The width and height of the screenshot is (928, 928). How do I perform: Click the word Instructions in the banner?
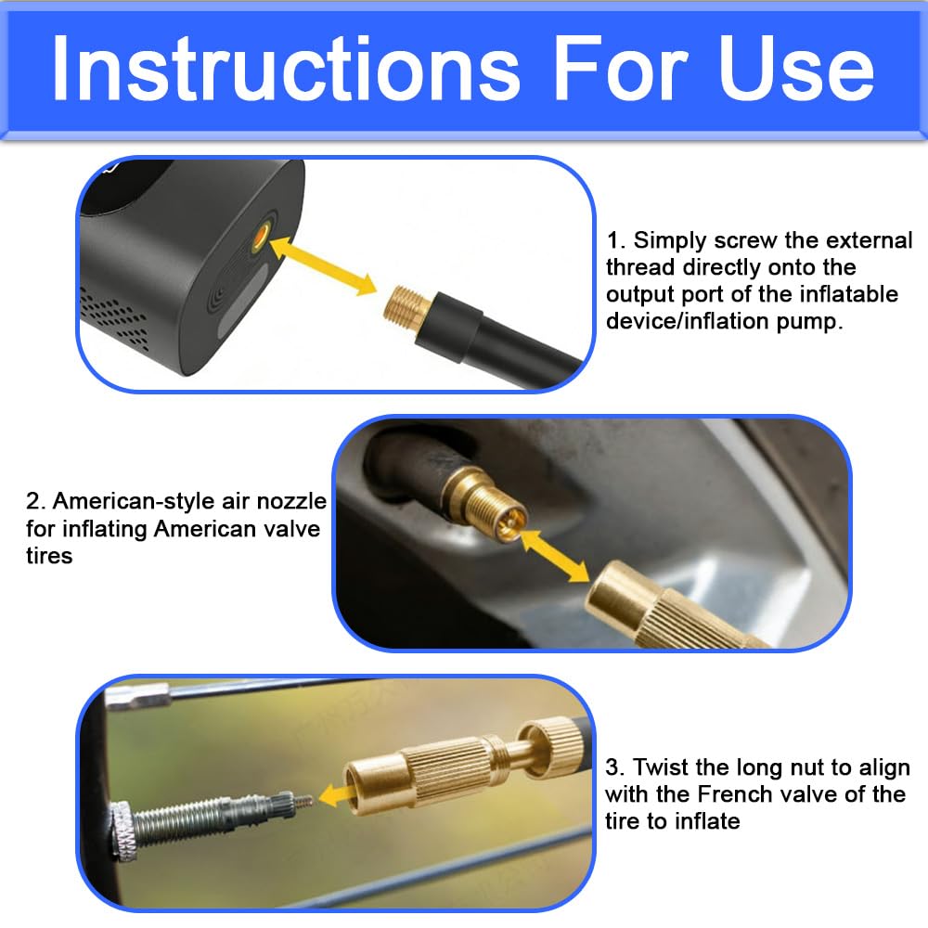(x=286, y=68)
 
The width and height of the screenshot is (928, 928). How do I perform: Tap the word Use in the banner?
(x=795, y=68)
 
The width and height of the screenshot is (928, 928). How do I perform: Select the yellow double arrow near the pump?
(x=323, y=265)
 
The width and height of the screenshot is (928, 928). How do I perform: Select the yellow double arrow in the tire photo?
(x=555, y=556)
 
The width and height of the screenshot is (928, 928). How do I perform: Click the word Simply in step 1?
(x=670, y=241)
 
